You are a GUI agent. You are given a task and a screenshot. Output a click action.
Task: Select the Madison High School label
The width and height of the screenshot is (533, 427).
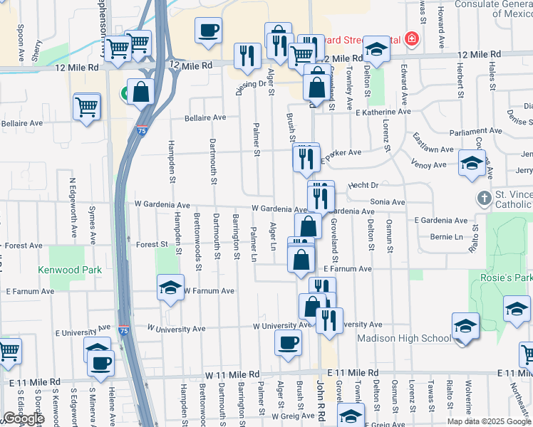[404, 338]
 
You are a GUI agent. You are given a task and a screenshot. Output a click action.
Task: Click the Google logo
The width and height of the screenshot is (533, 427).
[24, 418]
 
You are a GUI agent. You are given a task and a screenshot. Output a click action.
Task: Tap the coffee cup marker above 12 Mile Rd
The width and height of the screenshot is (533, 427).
[208, 31]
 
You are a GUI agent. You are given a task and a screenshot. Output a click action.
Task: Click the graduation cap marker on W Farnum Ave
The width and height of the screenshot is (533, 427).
[170, 288]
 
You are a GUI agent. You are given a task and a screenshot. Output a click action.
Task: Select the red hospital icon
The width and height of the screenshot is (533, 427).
[410, 38]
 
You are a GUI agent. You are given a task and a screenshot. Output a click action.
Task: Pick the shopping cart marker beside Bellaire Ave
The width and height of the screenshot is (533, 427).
[87, 107]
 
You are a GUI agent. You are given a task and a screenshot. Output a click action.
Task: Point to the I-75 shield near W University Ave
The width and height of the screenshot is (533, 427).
[125, 331]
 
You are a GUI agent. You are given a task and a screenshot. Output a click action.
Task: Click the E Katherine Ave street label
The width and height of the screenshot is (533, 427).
[383, 112]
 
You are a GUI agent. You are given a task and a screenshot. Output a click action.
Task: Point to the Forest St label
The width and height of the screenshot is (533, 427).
[152, 244]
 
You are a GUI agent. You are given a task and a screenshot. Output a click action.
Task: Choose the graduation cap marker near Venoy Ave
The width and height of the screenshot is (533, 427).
[471, 164]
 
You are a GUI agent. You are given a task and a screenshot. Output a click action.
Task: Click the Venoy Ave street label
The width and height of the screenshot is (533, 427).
[429, 165]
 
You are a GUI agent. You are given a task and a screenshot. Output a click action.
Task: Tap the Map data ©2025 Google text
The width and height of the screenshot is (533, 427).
[489, 421]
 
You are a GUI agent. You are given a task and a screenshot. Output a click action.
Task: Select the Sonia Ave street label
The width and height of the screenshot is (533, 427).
[388, 202]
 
